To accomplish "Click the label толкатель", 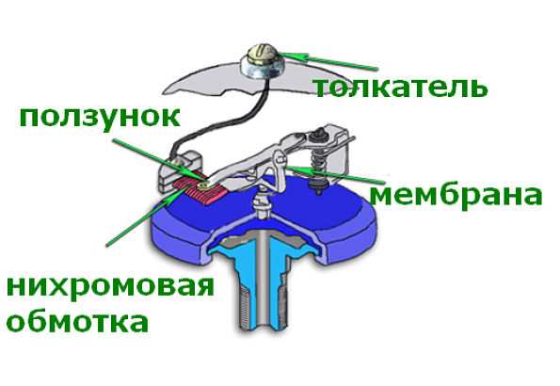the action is click(x=400, y=88).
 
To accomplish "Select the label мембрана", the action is click(x=456, y=195).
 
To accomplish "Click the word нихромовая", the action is click(x=110, y=287).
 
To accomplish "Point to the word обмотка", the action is click(x=77, y=322).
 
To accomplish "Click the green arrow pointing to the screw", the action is click(x=328, y=61).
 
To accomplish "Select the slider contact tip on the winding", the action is click(x=204, y=185).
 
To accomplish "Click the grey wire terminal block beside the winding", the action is click(x=181, y=170).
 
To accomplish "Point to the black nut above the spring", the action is click(x=317, y=136).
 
